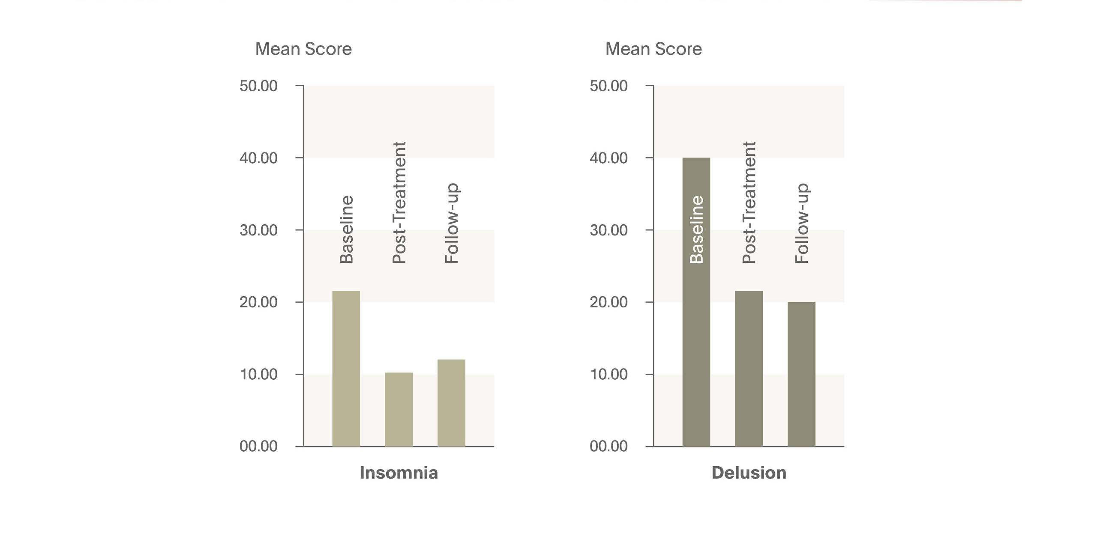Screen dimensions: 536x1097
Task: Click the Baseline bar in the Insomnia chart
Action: click(x=346, y=368)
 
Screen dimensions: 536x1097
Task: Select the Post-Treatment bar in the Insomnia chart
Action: click(x=399, y=409)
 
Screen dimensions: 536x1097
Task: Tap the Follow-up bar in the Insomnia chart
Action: click(x=451, y=402)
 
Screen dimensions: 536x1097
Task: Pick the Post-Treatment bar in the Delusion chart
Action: click(x=749, y=368)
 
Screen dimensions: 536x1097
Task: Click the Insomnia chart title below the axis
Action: click(x=399, y=473)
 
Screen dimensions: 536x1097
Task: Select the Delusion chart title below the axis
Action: click(x=749, y=473)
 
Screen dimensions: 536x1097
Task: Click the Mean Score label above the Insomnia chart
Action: click(x=303, y=49)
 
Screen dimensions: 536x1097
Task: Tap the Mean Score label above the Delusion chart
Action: click(x=653, y=49)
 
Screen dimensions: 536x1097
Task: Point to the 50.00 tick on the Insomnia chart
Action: click(x=258, y=86)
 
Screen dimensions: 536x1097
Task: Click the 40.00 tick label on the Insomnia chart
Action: click(x=258, y=158)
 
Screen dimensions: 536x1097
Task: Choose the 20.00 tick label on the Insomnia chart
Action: click(x=258, y=302)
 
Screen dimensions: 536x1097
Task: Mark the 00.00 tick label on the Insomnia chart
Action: click(x=258, y=446)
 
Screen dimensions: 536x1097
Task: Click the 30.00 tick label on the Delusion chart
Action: click(x=608, y=230)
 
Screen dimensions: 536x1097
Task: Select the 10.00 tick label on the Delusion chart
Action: click(x=608, y=374)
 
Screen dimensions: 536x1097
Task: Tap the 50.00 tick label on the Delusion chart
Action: click(x=608, y=86)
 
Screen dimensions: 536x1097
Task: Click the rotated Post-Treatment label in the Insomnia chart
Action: click(x=399, y=202)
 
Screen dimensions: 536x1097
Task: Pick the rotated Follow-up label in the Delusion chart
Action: click(x=802, y=223)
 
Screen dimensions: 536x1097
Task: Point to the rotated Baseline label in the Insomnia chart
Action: click(x=347, y=229)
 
